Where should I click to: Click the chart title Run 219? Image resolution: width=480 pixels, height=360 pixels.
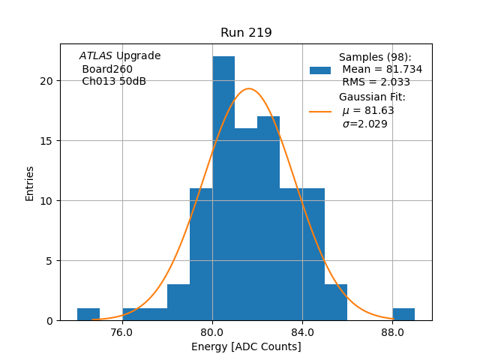[246, 33]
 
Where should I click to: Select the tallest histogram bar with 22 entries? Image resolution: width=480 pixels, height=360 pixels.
[223, 187]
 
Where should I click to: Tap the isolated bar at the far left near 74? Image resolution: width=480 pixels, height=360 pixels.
[88, 314]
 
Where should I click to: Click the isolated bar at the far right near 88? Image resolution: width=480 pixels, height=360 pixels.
[403, 314]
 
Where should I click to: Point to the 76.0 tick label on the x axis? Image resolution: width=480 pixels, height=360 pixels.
[122, 331]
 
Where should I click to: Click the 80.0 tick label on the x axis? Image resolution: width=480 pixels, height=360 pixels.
[212, 331]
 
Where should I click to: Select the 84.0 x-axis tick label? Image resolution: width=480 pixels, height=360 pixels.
[302, 331]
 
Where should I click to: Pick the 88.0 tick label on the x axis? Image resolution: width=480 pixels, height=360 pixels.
[392, 331]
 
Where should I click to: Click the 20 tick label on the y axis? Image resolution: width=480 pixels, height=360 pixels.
[49, 81]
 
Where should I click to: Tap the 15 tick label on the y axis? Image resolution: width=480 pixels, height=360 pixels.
[49, 141]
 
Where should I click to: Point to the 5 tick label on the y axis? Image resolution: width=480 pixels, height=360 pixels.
[51, 261]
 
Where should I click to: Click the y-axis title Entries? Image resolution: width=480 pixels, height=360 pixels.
[30, 183]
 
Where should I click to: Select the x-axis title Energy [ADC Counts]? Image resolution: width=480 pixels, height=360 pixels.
[246, 346]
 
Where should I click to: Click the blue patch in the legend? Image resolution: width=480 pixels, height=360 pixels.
[320, 70]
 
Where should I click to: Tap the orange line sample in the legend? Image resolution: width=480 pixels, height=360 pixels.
[320, 111]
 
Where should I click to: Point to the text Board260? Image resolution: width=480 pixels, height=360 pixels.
[107, 69]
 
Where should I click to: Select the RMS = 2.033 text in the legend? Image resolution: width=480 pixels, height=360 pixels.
[376, 82]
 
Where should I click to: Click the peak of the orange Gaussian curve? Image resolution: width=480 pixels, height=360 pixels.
[249, 88]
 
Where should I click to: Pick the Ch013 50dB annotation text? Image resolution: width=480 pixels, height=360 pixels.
[114, 81]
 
